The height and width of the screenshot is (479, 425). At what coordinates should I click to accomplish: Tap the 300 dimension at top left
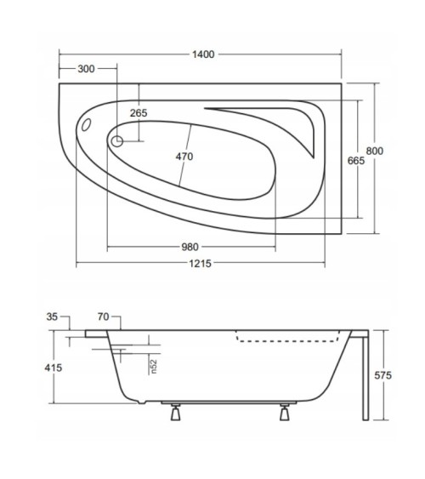85,69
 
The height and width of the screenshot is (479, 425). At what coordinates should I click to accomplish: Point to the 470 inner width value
184,156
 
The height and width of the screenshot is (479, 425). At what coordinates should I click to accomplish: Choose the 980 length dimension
190,248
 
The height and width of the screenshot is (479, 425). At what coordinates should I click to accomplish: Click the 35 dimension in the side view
52,316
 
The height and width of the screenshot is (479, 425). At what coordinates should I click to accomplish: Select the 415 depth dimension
53,368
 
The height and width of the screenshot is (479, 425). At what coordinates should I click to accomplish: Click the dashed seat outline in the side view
289,338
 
